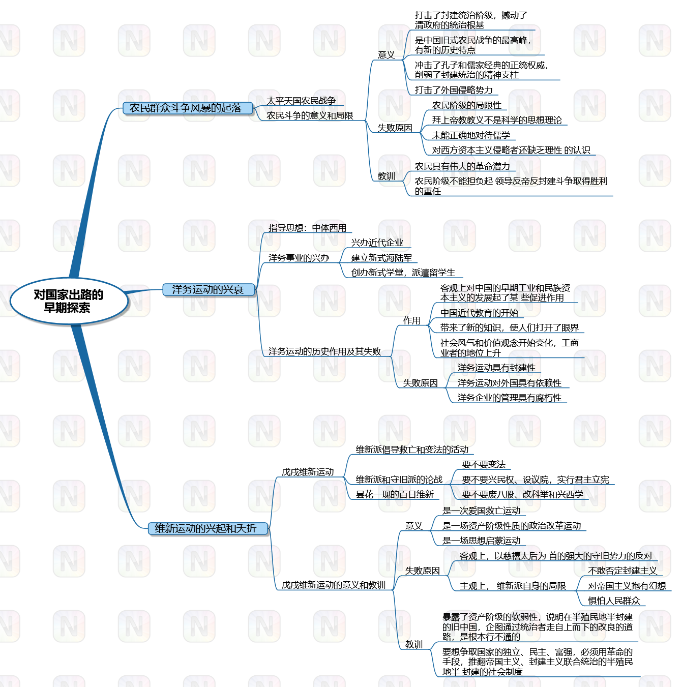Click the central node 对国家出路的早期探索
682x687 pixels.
tap(68, 301)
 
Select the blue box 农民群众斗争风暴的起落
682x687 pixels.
tap(187, 108)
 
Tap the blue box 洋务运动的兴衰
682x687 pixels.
tap(208, 289)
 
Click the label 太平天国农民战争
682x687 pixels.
tap(301, 101)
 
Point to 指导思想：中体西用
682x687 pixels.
tap(307, 228)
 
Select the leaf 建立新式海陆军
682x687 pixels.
tap(381, 258)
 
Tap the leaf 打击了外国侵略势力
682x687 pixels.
tap(454, 90)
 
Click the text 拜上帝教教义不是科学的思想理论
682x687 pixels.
tap(497, 120)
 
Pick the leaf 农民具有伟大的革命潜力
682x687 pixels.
tap(462, 166)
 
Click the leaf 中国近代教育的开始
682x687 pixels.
tap(479, 313)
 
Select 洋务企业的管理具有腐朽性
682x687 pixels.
tap(509, 398)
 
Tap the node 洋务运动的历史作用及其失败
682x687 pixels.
tap(324, 351)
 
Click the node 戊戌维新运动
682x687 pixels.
tap(308, 472)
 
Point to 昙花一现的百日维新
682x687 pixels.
tap(395, 494)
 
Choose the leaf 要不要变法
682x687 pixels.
tap(484, 464)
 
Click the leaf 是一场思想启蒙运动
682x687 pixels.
tap(481, 541)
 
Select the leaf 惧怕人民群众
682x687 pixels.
tap(614, 601)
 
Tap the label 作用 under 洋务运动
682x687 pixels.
tap(412, 320)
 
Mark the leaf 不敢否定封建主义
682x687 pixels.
tap(622, 571)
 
